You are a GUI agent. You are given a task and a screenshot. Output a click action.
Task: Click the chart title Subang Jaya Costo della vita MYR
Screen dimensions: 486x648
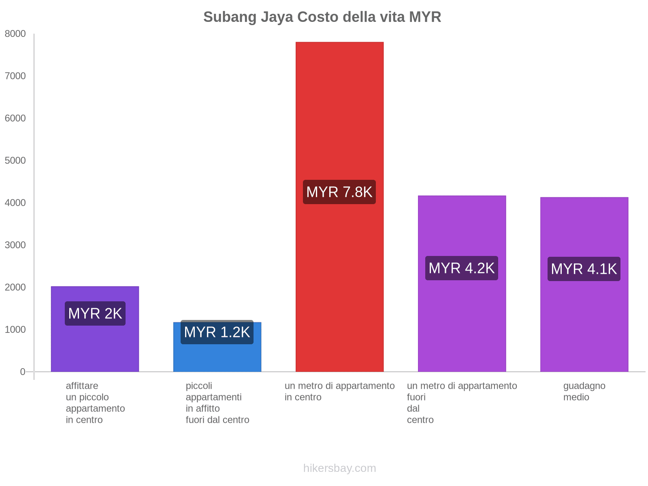322,17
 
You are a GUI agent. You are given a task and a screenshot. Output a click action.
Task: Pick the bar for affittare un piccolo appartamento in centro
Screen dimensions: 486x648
95,348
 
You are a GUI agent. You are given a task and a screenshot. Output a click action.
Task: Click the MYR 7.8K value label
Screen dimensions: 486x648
339,192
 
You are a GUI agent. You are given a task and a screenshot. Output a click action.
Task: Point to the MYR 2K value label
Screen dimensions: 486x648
95,313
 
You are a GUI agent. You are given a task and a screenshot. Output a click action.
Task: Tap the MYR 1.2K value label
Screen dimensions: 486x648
217,333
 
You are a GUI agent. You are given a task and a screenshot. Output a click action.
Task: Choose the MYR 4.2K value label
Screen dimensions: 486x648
462,268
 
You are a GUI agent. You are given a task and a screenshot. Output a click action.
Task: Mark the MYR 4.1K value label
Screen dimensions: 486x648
584,269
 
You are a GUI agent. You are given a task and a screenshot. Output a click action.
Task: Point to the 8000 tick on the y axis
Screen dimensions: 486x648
15,34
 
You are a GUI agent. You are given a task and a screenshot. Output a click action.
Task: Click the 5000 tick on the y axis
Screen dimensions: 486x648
15,161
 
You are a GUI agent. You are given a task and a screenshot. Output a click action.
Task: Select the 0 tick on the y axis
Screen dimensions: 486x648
23,372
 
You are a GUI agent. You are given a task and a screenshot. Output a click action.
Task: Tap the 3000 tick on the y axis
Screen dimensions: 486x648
15,245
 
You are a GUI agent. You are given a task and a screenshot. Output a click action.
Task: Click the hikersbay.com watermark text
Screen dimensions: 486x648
339,468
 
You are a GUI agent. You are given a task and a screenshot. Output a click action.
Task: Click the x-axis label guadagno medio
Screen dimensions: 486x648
584,391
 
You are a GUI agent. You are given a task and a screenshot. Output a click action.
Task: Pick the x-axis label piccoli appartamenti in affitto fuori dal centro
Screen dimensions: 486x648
217,403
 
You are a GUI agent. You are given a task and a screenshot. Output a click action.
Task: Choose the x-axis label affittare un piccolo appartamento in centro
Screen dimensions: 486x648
95,403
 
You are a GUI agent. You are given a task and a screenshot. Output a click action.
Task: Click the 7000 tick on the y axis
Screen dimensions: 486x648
15,76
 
